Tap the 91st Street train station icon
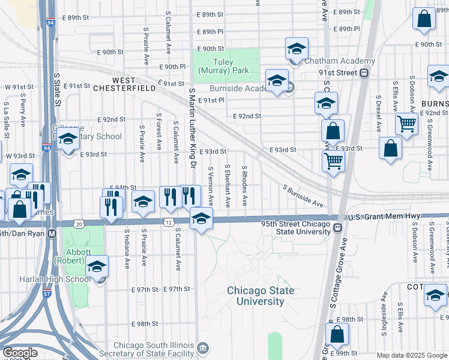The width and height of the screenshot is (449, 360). tap(364, 73)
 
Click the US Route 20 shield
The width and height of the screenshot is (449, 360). tap(80, 223)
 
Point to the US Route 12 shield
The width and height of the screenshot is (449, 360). tap(170, 223)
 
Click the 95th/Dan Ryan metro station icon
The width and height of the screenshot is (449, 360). tap(52, 233)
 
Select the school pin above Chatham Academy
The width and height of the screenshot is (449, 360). tap(297, 49)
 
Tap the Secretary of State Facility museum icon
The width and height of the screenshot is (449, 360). tap(203, 348)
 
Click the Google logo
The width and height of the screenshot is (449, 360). tap(20, 353)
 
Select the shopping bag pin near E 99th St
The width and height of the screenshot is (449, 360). tap(337, 335)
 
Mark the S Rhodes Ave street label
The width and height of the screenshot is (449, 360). tap(244, 186)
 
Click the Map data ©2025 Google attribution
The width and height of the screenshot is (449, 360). tap(411, 355)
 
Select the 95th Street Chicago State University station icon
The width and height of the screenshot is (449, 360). tap(339, 228)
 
